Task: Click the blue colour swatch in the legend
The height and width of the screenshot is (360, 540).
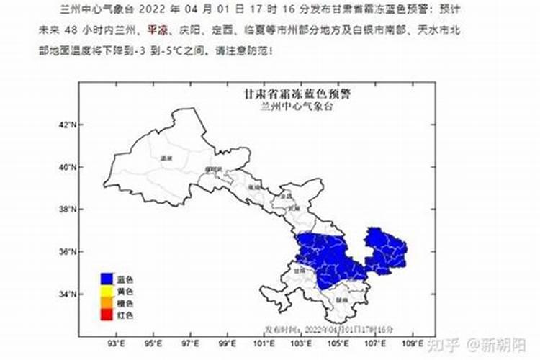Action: (107, 279)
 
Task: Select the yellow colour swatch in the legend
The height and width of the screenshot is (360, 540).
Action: (107, 291)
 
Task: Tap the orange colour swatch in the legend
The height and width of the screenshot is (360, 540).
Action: (107, 303)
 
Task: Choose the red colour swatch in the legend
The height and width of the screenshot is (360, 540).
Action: (107, 315)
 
